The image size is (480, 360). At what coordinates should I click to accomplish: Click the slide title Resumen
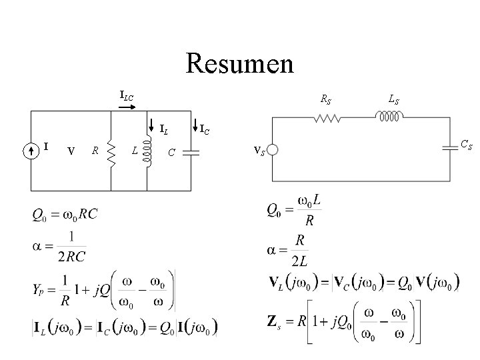(x=239, y=64)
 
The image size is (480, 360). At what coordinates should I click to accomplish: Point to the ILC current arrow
(x=126, y=105)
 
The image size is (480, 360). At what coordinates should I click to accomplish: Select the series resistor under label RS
(x=328, y=119)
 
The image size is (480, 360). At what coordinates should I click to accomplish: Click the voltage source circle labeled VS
(x=273, y=151)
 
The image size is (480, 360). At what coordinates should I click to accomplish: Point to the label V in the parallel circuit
(x=71, y=151)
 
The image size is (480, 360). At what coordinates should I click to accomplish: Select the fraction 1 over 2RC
(x=71, y=247)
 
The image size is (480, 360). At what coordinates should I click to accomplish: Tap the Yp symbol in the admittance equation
(x=39, y=290)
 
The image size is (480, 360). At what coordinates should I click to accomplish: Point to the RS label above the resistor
(x=326, y=101)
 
